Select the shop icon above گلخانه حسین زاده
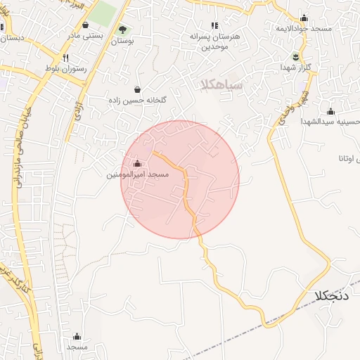point(136,90)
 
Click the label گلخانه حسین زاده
point(136,101)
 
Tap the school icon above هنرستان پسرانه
point(214,25)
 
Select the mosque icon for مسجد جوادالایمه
point(304,18)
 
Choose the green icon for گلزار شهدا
point(296,57)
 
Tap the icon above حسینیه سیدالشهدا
point(330,111)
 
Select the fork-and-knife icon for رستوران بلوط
point(65,58)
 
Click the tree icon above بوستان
point(123,30)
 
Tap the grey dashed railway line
point(281,321)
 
